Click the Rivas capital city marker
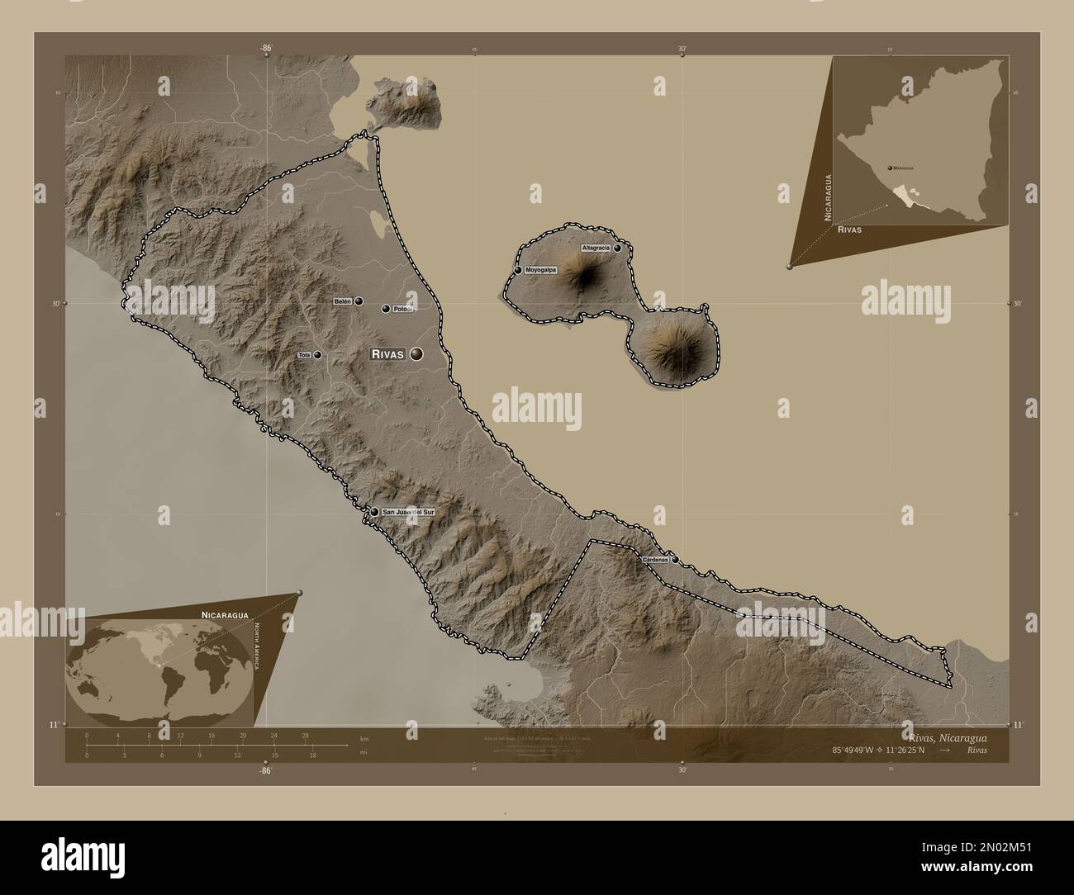click(x=416, y=353)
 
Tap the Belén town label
click(x=342, y=301)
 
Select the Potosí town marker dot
click(x=385, y=309)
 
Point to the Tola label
click(x=303, y=355)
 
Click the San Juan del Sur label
click(x=407, y=512)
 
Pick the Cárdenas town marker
click(x=676, y=560)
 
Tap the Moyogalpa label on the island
click(x=541, y=270)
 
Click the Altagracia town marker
click(x=617, y=248)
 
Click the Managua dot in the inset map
click(x=889, y=167)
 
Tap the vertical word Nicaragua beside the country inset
click(x=827, y=197)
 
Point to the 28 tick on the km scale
click(x=305, y=735)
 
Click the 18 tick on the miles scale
click(x=312, y=755)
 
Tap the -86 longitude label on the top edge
click(x=266, y=49)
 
